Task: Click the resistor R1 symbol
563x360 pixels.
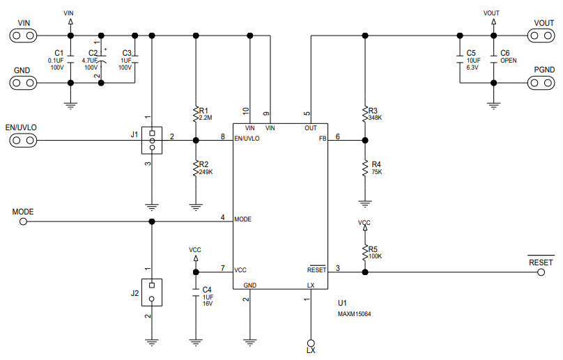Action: (195, 114)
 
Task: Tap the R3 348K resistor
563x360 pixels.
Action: (364, 114)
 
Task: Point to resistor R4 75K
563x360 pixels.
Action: (364, 167)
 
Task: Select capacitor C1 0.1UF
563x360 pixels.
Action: (70, 59)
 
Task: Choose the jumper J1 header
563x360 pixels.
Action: (151, 140)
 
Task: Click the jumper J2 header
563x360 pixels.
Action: (151, 292)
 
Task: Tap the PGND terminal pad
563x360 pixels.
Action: (539, 83)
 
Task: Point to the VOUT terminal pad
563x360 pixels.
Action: (539, 36)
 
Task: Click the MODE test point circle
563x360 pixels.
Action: (24, 221)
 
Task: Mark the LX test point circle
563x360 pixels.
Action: (311, 343)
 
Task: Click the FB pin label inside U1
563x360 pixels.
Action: (322, 139)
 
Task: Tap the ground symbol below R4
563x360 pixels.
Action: (364, 203)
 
